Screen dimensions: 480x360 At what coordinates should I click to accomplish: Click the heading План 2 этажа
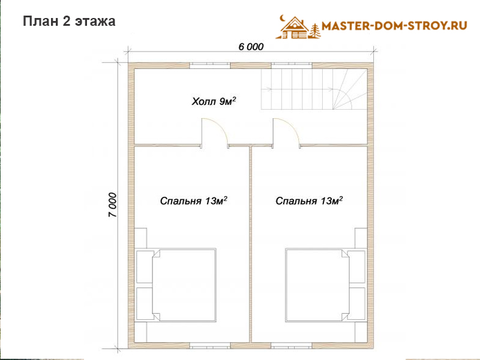coord(69,22)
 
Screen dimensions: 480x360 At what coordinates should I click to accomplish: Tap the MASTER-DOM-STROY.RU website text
coord(394,26)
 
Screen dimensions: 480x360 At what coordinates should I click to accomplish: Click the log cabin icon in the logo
coord(295,28)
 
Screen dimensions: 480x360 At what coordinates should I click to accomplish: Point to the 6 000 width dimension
coord(251,47)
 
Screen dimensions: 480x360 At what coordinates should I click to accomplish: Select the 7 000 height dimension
coord(112,205)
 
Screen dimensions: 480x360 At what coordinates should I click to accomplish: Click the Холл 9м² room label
coord(214,101)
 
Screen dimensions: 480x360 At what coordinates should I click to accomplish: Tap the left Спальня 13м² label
coord(193,200)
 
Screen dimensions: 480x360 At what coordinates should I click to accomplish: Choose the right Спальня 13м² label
coord(309,200)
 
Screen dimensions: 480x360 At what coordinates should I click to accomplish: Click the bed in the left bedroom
coord(184,285)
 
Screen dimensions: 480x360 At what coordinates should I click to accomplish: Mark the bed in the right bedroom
coord(317,285)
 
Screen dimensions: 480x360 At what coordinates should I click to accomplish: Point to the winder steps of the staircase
coord(350,89)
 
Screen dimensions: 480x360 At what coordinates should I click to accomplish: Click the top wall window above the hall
coord(209,65)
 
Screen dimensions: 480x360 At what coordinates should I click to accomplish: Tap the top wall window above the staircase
coord(292,65)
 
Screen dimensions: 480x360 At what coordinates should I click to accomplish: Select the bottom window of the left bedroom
coord(209,346)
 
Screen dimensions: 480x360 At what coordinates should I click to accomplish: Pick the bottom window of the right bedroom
coord(292,346)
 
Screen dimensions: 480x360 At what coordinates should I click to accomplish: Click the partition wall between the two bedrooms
coord(250,244)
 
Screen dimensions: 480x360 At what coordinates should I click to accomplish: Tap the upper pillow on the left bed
coord(145,266)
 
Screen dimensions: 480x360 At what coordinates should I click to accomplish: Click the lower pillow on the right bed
coord(356,304)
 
